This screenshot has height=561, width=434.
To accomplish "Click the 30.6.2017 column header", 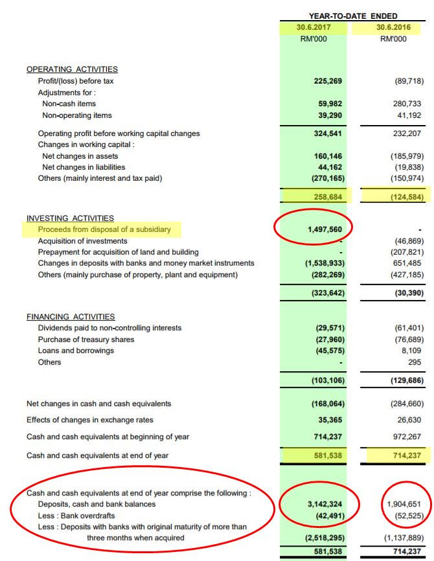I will (x=313, y=28).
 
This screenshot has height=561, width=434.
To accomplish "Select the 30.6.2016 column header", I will (x=392, y=28).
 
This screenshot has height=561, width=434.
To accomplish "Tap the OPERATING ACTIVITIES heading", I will (x=72, y=69).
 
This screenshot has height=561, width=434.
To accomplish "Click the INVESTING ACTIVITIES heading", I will (x=70, y=218).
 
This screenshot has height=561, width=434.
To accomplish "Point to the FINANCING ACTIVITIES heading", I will (x=71, y=317).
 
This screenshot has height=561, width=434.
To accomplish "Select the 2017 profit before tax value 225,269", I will (x=327, y=81).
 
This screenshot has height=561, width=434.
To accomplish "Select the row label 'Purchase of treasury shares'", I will (x=86, y=339).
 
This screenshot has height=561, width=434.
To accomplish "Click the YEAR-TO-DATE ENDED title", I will (x=353, y=16).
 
